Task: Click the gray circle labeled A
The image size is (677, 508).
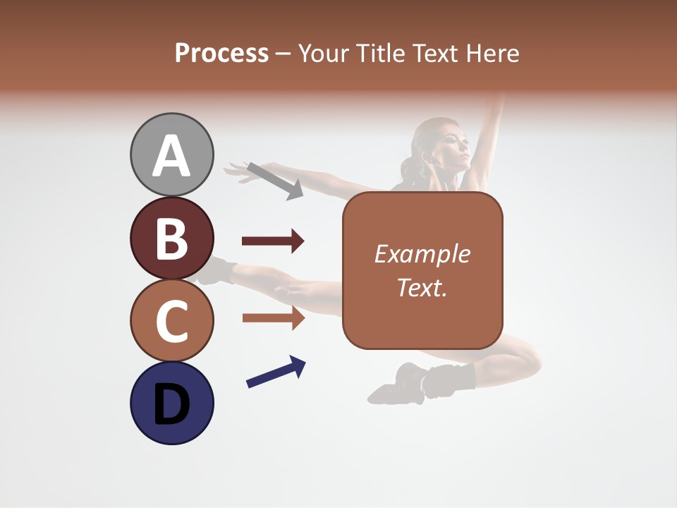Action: [172, 155]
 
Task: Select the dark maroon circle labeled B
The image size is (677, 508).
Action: [172, 238]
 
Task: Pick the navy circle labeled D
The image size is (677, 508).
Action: [172, 403]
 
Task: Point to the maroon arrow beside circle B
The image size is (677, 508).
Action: [273, 241]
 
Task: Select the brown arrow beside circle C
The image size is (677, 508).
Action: [273, 317]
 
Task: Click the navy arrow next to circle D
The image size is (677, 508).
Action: [276, 373]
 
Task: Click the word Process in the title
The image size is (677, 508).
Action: [221, 54]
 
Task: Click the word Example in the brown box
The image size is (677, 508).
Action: [422, 254]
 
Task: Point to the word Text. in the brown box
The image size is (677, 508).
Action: [422, 287]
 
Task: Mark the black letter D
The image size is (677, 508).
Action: [172, 404]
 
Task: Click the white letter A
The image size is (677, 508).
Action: [172, 156]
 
